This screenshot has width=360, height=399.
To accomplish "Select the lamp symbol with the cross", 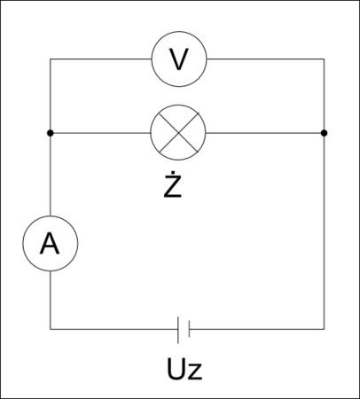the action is pyautogui.click(x=178, y=133).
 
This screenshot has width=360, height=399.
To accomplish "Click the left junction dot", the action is pyautogui.click(x=51, y=133).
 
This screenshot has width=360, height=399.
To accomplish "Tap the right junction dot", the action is pyautogui.click(x=324, y=133).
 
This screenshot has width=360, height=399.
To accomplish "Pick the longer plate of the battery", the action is pyautogui.click(x=178, y=330).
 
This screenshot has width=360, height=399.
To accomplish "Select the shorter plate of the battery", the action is pyautogui.click(x=189, y=329).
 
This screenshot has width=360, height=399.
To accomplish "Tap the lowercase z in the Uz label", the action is pyautogui.click(x=195, y=372).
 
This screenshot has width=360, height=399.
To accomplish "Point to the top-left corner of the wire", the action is pyautogui.click(x=51, y=59).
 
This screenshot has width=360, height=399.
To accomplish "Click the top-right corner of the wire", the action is pyautogui.click(x=324, y=59).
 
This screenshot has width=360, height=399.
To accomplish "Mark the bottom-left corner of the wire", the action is pyautogui.click(x=51, y=329).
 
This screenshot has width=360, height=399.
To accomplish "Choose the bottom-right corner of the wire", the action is pyautogui.click(x=324, y=329).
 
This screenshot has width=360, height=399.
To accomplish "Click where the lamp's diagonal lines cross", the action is pyautogui.click(x=178, y=133).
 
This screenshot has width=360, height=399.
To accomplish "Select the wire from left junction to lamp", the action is pyautogui.click(x=100, y=133).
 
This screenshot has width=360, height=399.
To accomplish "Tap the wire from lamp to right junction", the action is pyautogui.click(x=265, y=133).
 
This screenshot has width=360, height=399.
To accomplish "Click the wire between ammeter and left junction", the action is pyautogui.click(x=51, y=175).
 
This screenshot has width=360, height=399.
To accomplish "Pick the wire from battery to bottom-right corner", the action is pyautogui.click(x=256, y=329).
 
